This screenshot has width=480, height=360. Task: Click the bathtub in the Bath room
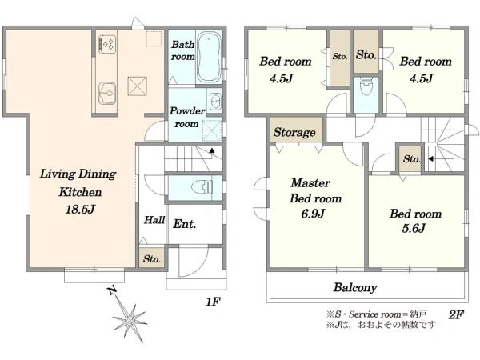209,58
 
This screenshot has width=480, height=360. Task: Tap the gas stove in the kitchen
107,44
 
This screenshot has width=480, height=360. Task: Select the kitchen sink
107,94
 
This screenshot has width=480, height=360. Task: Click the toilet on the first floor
202,186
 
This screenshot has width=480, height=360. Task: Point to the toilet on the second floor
366,86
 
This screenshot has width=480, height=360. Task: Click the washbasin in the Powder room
215,101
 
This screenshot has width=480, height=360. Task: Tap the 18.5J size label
80,210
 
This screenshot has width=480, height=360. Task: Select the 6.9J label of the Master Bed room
313,214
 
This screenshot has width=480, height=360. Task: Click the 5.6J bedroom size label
414,228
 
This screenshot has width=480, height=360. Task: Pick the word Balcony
355,287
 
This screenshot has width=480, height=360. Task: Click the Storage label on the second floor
294,132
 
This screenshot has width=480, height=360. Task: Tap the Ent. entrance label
184,224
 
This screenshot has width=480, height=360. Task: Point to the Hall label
154,220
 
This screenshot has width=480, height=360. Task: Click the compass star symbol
130,320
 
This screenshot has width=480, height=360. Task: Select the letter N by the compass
113,290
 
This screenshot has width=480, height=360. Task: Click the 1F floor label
213,302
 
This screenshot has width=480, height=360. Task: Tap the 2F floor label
457,314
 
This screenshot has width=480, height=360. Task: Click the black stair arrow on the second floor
430,159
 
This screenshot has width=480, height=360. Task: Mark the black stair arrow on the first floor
212,150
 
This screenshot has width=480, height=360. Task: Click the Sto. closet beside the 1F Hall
152,258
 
